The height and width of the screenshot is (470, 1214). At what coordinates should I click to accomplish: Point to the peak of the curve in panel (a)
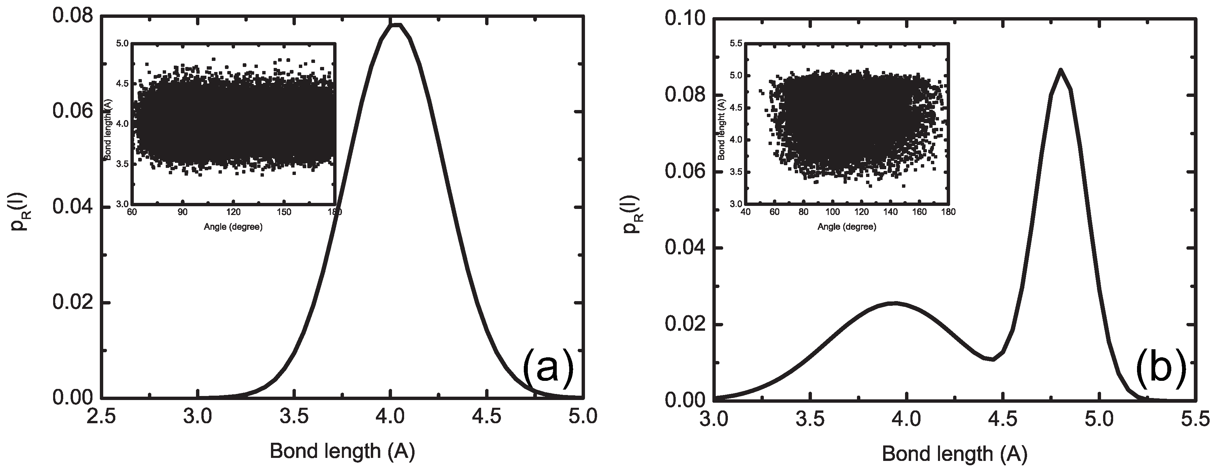click(x=396, y=25)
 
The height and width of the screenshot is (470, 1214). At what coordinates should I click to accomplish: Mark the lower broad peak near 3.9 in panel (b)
click(x=894, y=303)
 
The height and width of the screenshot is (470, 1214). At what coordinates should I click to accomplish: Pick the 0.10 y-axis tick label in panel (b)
click(x=685, y=19)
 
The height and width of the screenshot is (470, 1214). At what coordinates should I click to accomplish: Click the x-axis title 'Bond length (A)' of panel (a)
click(x=343, y=451)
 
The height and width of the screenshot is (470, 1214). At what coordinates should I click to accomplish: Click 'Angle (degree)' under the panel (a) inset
click(x=233, y=227)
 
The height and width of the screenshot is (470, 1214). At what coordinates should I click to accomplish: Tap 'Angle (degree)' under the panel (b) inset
click(x=847, y=227)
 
